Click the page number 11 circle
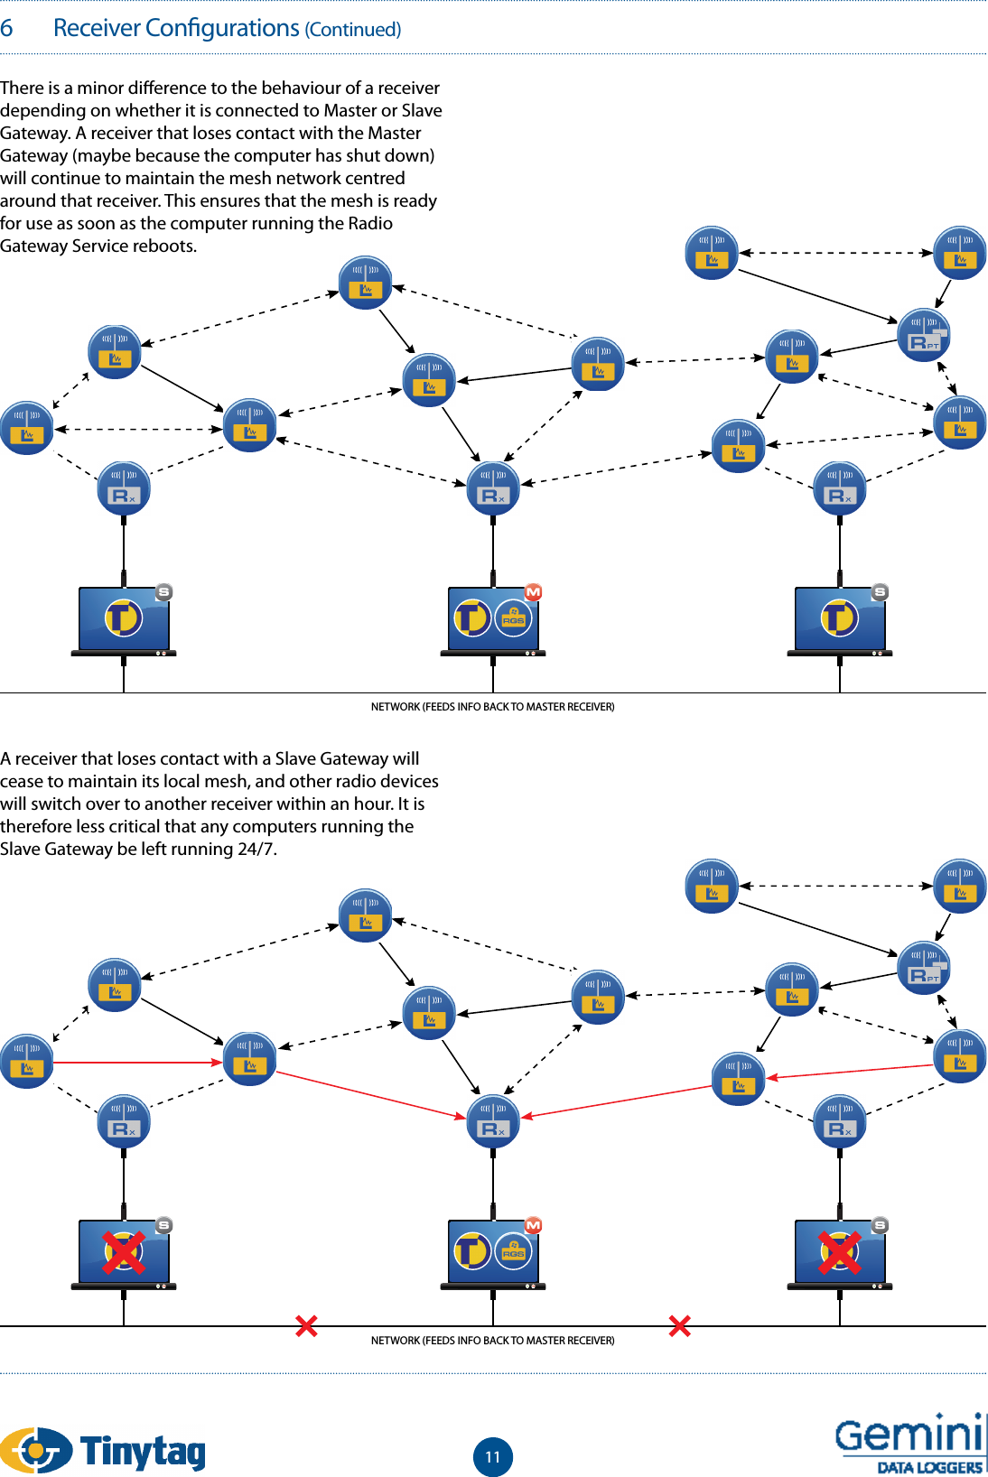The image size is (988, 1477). pos(492,1456)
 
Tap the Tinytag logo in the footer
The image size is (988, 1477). pos(104,1450)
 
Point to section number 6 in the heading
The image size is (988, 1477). pos(6,28)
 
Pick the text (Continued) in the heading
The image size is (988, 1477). pos(353,30)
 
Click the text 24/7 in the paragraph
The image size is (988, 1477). pos(256,849)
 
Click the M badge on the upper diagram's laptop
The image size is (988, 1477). pos(533,592)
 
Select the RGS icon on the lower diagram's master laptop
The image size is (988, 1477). pos(513,1251)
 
